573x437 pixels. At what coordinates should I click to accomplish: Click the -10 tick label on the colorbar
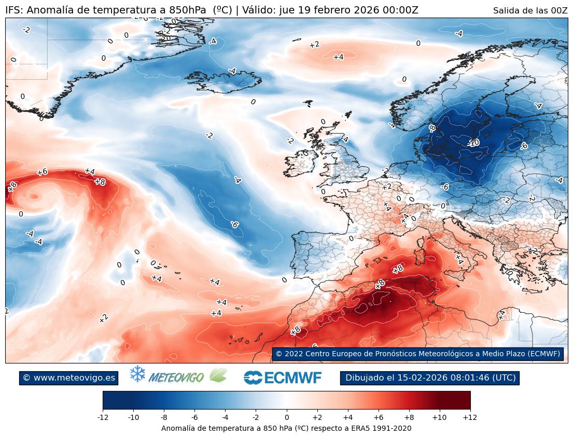pyautogui.click(x=133, y=417)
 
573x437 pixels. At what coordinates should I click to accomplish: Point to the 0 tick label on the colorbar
pyautogui.click(x=286, y=417)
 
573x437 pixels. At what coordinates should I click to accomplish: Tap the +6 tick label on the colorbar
pyautogui.click(x=378, y=417)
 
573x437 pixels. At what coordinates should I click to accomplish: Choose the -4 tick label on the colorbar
pyautogui.click(x=225, y=417)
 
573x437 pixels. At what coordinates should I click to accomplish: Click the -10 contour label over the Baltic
pyautogui.click(x=472, y=143)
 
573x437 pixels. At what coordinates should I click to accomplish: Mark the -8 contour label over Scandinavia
pyautogui.click(x=432, y=128)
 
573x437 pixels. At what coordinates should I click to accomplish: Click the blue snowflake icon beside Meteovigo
pyautogui.click(x=137, y=374)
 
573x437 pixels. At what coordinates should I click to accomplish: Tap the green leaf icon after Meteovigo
pyautogui.click(x=218, y=375)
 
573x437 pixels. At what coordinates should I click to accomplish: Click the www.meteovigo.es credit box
pyautogui.click(x=68, y=378)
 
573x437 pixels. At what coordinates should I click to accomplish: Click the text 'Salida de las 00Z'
pyautogui.click(x=530, y=10)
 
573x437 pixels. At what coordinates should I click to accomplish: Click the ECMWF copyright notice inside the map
pyautogui.click(x=417, y=354)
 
